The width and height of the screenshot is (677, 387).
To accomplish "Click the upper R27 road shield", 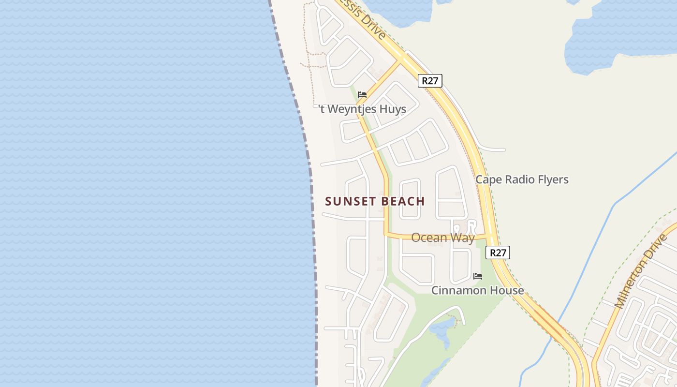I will (x=430, y=81).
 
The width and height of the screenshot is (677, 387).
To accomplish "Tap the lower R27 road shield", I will (x=498, y=253).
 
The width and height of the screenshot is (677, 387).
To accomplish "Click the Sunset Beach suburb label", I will (x=375, y=201).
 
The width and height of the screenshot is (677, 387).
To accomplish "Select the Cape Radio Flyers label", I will (x=522, y=179).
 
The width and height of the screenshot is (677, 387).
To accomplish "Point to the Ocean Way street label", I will (x=442, y=238).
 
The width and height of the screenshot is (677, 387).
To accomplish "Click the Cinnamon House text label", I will (x=477, y=290).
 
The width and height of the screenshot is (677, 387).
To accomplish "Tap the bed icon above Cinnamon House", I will (x=478, y=276).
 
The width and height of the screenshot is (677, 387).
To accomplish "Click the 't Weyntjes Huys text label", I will (x=362, y=109).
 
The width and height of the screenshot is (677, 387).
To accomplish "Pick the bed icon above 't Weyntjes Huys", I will (x=362, y=94).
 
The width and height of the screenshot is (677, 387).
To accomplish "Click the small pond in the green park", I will (x=443, y=329).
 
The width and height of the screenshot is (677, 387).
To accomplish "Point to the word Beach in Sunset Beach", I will (x=403, y=201).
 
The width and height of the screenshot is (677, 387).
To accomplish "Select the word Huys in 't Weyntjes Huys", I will (x=392, y=109).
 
